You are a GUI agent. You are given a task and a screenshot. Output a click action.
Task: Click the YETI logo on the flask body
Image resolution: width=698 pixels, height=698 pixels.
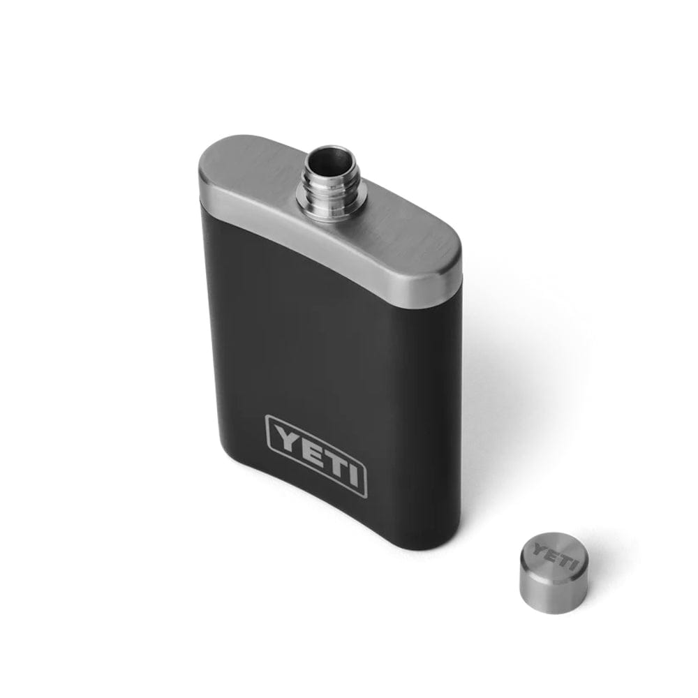pos(315,455)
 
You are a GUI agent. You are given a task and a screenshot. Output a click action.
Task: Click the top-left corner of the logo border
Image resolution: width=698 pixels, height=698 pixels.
pos(267,417)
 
